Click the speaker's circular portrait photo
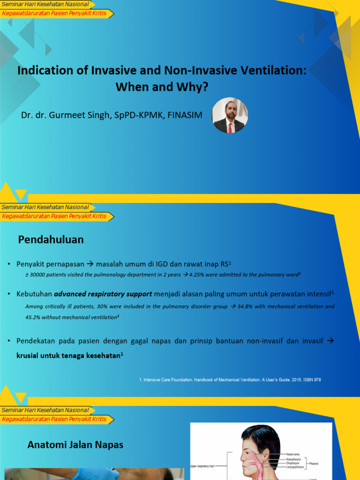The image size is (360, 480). tap(230, 115)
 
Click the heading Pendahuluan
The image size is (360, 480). tap(51, 240)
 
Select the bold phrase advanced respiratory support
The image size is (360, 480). tap(103, 294)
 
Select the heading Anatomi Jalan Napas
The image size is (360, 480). tap(75, 444)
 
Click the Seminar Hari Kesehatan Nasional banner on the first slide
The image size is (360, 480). tap(45, 4)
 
